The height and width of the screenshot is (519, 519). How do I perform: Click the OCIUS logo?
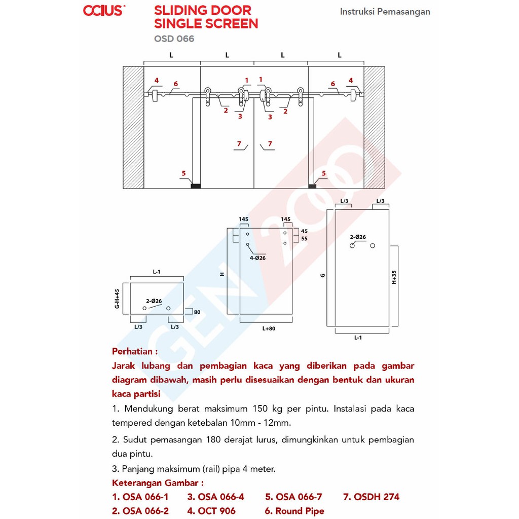coord(104,11)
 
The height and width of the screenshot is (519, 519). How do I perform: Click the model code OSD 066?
coord(174,39)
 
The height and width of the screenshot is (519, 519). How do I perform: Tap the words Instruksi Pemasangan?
coord(385,12)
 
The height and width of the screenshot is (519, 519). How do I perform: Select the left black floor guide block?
coord(196,186)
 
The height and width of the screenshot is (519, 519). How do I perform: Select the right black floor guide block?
coord(312,186)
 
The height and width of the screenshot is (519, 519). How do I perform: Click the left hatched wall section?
coord(133,127)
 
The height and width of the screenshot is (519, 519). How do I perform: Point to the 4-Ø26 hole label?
coord(257,258)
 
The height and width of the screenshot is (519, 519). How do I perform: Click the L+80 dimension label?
coord(269,328)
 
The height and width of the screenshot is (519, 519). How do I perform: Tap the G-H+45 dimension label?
coord(117,299)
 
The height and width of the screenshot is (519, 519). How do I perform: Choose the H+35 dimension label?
coord(393,277)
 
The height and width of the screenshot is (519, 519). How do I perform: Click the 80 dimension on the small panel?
coord(197,312)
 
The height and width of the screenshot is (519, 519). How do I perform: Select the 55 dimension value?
coord(304,239)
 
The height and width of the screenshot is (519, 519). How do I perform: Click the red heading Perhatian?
coord(135,352)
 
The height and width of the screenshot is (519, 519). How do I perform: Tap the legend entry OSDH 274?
coord(371,497)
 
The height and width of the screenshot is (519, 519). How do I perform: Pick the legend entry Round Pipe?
coord(294,511)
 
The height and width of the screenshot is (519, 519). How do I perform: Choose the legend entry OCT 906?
coord(211,511)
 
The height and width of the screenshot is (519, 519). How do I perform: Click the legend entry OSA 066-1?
coord(140,497)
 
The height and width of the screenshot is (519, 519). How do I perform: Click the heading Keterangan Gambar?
coord(158,483)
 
